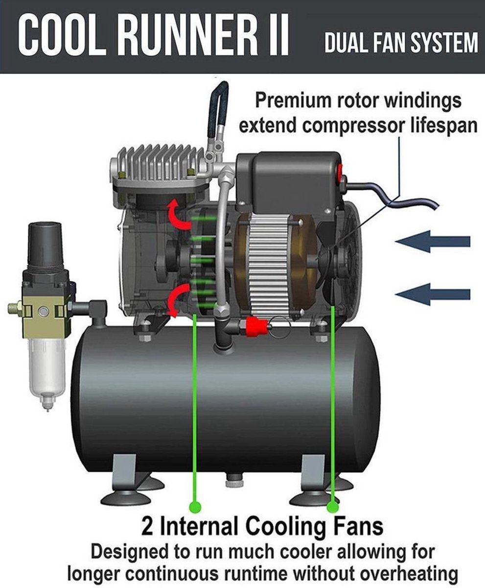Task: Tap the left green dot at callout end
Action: [195, 506]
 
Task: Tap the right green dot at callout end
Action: [333, 506]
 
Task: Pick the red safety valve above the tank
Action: [257, 325]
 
